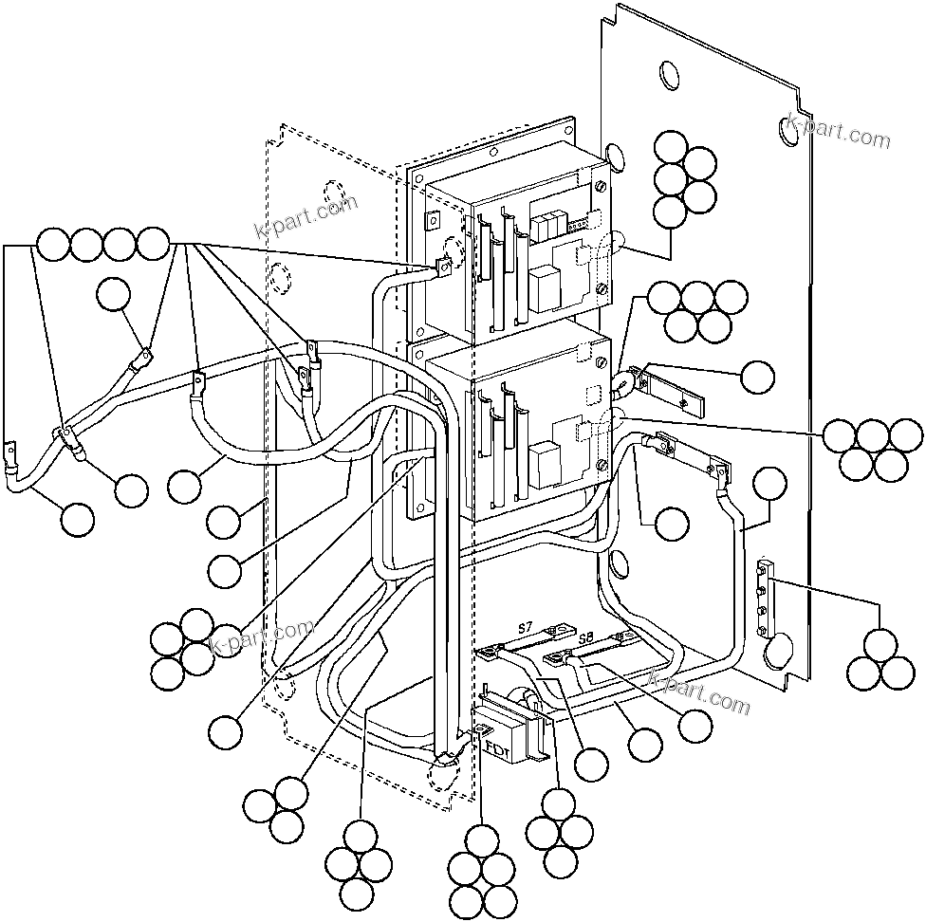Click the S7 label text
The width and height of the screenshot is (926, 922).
526,627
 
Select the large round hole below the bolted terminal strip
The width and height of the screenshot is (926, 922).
776,650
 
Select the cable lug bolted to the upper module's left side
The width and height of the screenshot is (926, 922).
441,269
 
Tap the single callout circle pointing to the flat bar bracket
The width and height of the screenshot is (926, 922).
757,377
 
